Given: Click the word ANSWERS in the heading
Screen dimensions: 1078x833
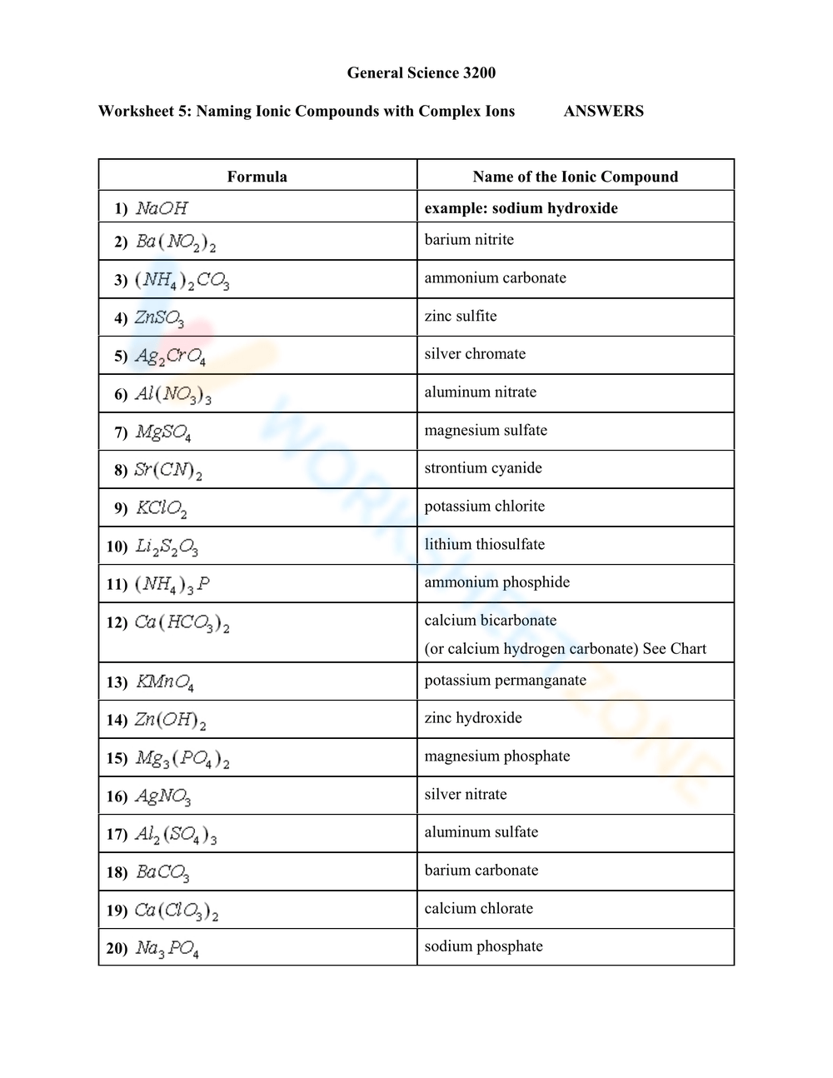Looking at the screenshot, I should pos(603,111).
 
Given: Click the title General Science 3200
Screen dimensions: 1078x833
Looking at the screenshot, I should pos(421,72).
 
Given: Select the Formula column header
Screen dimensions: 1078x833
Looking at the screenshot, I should pos(257,177).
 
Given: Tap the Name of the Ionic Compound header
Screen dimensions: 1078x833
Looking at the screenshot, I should pos(575,177).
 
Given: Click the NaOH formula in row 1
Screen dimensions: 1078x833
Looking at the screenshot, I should pos(162,208).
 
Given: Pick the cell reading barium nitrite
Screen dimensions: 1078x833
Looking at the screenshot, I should pos(469,240).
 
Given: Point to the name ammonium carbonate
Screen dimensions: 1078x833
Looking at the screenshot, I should pos(495,278).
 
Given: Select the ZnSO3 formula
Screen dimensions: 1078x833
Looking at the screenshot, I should pos(159,318).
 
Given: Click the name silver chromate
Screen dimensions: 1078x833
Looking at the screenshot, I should pos(475,354).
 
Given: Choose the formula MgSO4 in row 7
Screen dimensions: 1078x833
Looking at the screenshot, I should pos(163,432).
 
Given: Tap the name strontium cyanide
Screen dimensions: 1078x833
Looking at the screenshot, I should pos(483,468).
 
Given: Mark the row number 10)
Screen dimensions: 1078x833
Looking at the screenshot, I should pos(117,546).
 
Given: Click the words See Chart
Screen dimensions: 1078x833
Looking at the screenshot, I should pos(674,649).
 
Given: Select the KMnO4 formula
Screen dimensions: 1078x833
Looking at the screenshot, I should pos(165,683).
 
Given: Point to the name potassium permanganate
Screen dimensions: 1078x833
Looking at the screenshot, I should pos(505,681).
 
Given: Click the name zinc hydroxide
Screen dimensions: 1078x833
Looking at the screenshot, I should pos(473,718).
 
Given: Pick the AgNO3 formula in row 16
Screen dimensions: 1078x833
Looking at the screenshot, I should pos(163,797).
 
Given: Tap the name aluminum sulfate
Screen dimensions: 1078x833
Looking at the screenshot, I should pos(481,832).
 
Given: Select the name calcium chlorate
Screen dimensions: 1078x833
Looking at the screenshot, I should pos(478,909).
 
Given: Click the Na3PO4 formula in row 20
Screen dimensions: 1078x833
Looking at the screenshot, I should pos(167,949).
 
